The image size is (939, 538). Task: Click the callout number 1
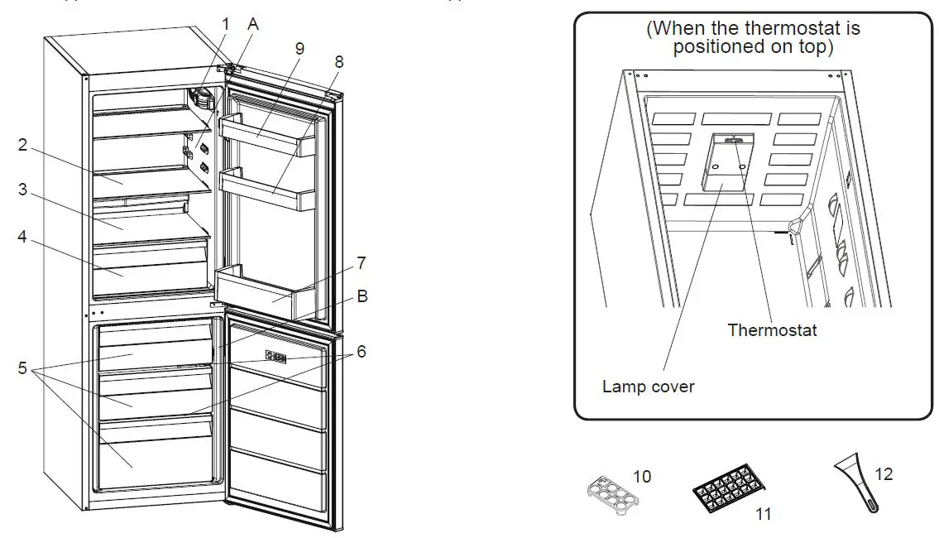tap(225, 24)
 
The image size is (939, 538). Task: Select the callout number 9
tap(299, 49)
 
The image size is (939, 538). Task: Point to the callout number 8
tap(339, 61)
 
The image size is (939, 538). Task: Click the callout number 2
tap(23, 146)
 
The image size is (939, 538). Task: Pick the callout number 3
tap(23, 190)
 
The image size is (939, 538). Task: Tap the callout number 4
tap(23, 237)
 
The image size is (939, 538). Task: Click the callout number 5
tap(23, 368)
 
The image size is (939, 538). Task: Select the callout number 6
tap(361, 352)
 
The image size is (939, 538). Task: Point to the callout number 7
tap(361, 264)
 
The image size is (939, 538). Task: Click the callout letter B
tap(362, 295)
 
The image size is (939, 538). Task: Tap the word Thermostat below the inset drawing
tap(772, 330)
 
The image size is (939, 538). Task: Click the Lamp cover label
tap(648, 387)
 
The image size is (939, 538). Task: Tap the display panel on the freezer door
tap(276, 358)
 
